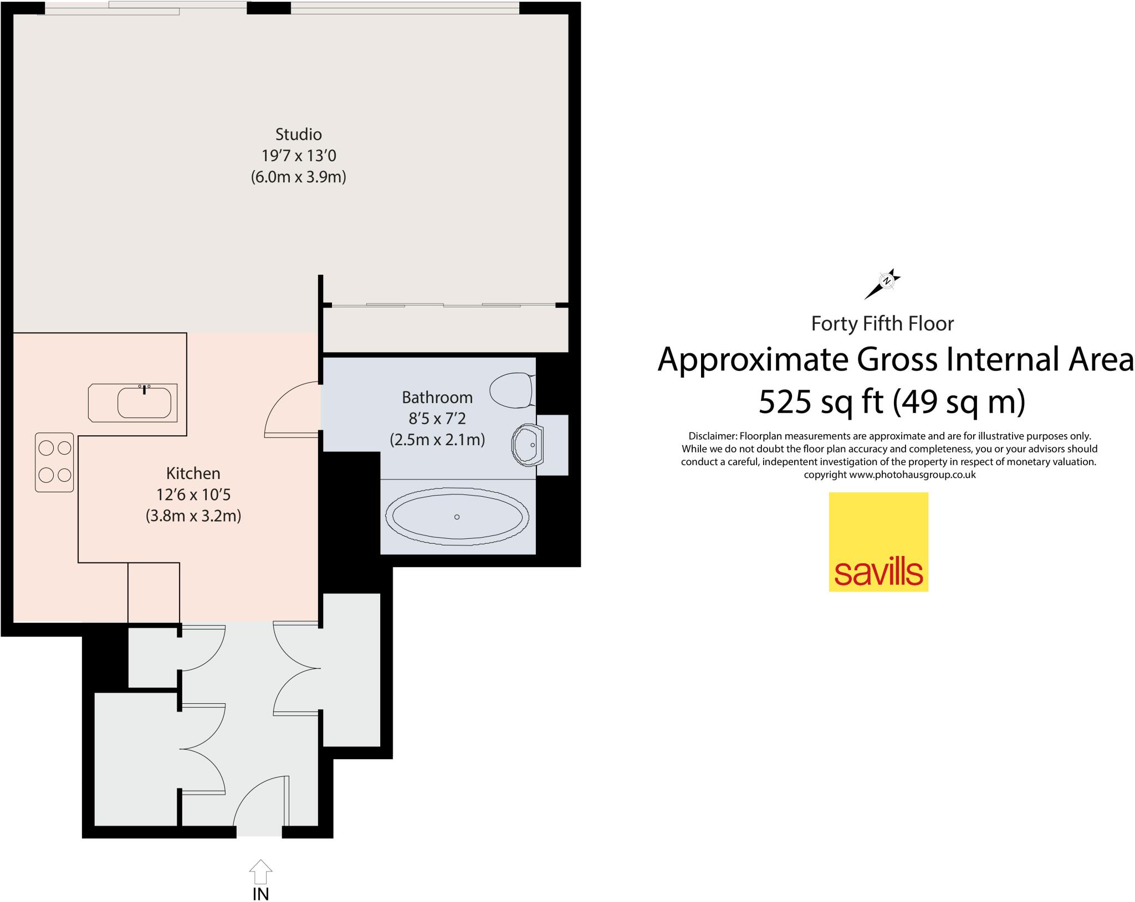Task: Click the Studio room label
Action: click(299, 135)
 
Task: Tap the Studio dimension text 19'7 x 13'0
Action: click(299, 156)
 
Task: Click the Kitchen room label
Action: click(193, 473)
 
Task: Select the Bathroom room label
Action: click(437, 398)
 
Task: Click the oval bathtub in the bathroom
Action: click(457, 516)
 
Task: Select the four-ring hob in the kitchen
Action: click(54, 462)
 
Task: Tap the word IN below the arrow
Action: click(260, 894)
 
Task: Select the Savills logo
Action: click(878, 542)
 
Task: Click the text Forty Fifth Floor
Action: click(882, 324)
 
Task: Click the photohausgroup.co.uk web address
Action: click(912, 475)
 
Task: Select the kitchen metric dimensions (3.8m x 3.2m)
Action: click(193, 516)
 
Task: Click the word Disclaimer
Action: click(712, 436)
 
